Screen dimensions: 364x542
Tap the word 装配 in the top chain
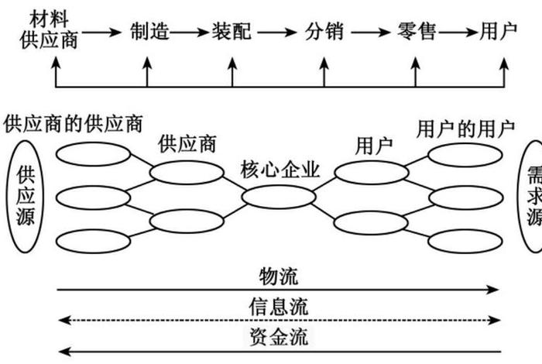232,32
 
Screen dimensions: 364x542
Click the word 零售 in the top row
415,32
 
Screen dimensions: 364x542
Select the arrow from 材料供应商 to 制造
102,33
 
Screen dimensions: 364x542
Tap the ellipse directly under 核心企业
278,197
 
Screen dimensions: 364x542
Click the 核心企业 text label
280,170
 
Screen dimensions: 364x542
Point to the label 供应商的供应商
74,123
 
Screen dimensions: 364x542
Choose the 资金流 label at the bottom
279,337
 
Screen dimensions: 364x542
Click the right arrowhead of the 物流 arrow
496,290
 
